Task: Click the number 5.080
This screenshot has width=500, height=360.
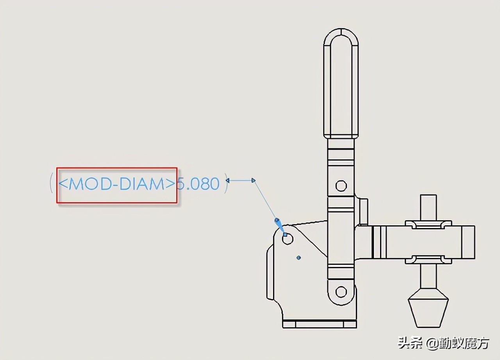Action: click(x=198, y=184)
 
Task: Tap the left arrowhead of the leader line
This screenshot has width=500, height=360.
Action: click(x=228, y=180)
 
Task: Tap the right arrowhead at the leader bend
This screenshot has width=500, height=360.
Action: click(x=254, y=180)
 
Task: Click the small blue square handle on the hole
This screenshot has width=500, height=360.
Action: click(x=285, y=235)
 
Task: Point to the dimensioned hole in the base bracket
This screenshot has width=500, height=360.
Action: click(x=288, y=239)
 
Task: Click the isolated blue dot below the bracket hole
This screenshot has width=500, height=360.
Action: click(x=298, y=258)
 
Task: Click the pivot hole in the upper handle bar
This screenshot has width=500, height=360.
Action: click(x=341, y=185)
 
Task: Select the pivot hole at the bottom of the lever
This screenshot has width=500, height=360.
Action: click(x=341, y=292)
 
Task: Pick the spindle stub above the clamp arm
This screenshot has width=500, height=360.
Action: click(x=428, y=207)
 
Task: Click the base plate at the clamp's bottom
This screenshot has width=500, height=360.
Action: click(x=319, y=324)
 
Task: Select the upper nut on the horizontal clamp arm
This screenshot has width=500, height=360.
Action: click(x=428, y=225)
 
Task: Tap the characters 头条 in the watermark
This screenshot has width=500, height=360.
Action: click(x=410, y=344)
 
